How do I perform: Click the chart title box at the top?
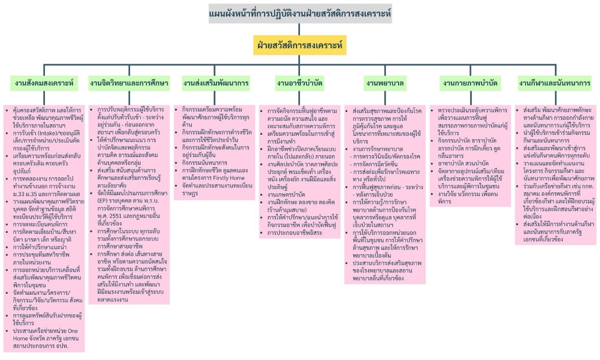tap(300, 14)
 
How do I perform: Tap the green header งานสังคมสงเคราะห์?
tap(44, 83)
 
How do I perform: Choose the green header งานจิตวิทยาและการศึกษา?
tap(129, 83)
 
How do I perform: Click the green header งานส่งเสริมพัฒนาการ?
tap(215, 83)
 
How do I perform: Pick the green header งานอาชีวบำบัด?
tap(300, 83)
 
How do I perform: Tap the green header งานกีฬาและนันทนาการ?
tap(555, 83)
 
